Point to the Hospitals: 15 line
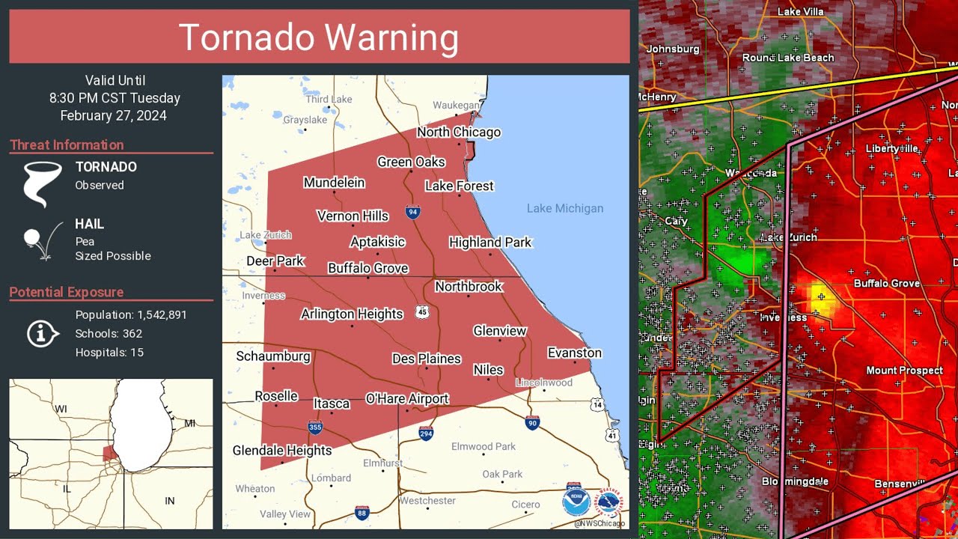[109, 353]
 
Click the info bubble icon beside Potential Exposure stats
[42, 334]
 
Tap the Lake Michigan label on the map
[564, 209]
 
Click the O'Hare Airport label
[407, 399]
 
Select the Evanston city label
[574, 353]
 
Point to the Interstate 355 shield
[315, 427]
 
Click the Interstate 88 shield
[361, 513]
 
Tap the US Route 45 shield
[424, 312]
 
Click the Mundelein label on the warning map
[334, 183]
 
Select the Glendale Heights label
[282, 451]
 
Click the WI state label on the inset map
[61, 409]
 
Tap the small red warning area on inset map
[109, 453]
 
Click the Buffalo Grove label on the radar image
[886, 284]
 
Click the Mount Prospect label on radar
[904, 371]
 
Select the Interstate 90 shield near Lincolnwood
[532, 423]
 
